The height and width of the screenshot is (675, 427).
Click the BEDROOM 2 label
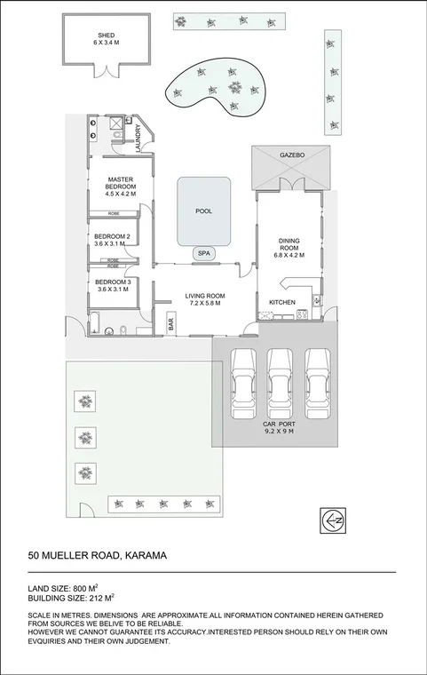point(113,236)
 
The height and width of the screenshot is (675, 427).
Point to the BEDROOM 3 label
point(113,282)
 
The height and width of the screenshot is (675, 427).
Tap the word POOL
point(204,211)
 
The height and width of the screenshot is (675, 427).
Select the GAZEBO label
point(292,155)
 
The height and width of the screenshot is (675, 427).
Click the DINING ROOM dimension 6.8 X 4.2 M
point(290,255)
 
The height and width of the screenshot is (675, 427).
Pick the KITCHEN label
point(282,303)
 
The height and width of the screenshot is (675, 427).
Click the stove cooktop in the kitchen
point(302,313)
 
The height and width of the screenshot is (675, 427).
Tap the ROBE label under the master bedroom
point(114,213)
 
